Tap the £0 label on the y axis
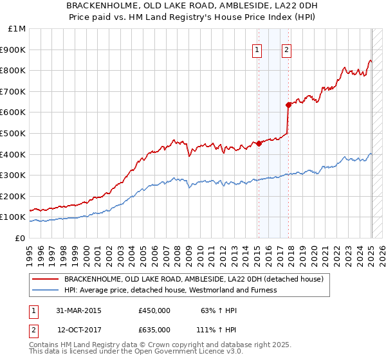tap(21, 238)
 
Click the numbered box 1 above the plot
tap(257, 50)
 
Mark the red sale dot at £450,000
tap(259, 144)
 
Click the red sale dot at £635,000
tap(288, 105)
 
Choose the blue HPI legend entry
tap(170, 290)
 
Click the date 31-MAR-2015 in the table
tap(78, 310)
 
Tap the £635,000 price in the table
tap(154, 329)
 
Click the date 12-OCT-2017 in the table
tap(79, 329)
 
